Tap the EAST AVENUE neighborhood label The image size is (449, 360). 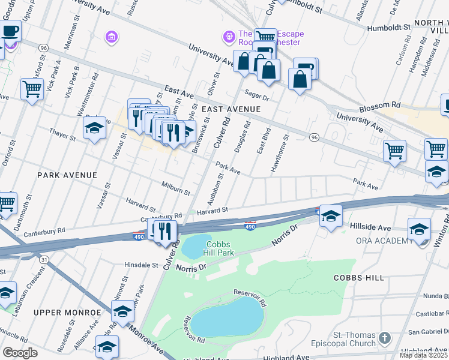231,109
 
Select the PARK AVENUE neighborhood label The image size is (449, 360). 67,175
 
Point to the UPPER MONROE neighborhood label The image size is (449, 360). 67,313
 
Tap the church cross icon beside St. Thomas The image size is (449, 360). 384,338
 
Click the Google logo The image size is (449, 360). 20,353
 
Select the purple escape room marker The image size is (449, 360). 229,38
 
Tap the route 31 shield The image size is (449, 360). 44,259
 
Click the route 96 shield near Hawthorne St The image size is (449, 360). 314,137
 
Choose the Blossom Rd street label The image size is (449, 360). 379,109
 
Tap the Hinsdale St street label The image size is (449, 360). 140,265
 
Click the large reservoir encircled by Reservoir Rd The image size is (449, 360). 228,316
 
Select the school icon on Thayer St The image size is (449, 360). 94,129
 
